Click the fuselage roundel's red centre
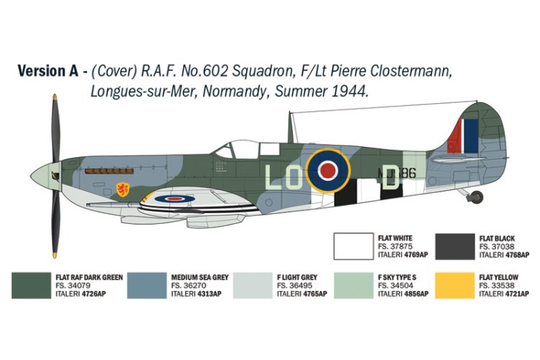[328, 171]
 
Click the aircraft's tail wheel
[477, 196]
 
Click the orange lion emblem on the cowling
[123, 191]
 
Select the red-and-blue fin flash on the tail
[463, 135]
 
